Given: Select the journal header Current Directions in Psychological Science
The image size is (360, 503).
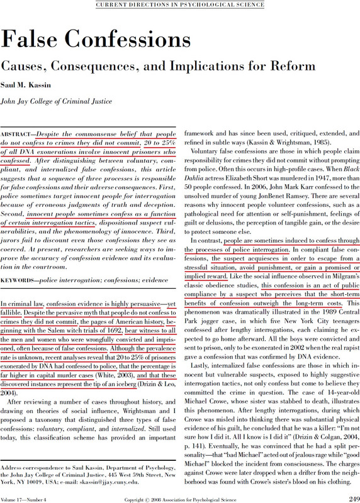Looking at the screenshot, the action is tap(179, 5).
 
